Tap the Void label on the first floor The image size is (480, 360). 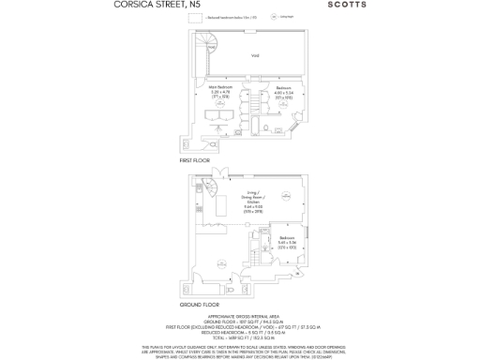click(x=253, y=56)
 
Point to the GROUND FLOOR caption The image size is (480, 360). click(x=200, y=306)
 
